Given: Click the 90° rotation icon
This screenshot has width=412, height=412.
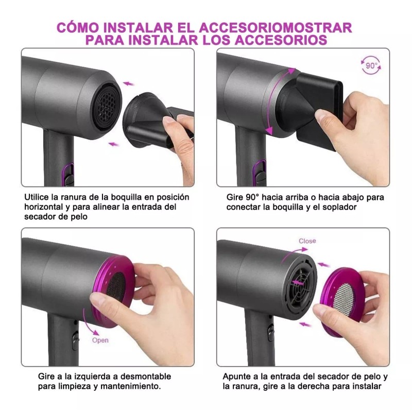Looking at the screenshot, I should [371, 67].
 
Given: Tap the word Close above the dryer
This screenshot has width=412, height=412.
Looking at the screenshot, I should [307, 241].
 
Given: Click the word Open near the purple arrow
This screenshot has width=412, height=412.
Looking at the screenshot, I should [100, 340].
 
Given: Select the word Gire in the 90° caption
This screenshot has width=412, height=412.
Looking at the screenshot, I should [235, 197].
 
